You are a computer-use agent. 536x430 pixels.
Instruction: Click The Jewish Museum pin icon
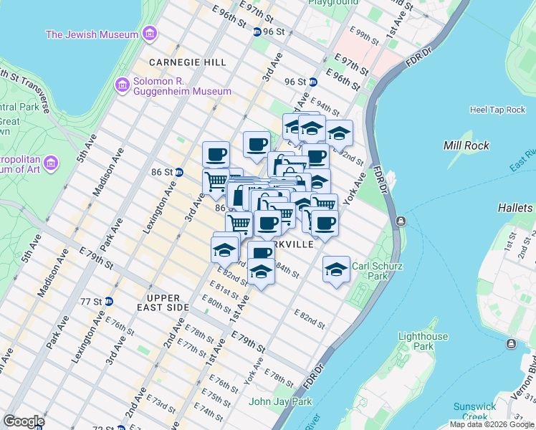149,34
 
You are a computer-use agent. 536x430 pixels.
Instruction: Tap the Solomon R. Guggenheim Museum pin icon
122,85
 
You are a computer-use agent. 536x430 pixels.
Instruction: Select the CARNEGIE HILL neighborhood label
187,62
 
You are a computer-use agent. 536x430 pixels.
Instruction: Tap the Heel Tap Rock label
497,110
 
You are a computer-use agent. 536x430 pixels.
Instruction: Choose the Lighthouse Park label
423,341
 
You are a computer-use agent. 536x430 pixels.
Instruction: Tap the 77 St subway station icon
108,301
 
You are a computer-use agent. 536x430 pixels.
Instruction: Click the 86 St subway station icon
179,172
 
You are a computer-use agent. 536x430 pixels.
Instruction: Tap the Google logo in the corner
23,421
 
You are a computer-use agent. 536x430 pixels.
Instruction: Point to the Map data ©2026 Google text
492,425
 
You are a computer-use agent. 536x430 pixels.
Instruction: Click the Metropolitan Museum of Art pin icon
51,164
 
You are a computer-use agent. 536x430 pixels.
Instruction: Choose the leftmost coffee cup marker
216,154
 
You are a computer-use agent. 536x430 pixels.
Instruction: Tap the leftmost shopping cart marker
215,181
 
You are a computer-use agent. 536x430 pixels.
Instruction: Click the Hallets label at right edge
517,208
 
